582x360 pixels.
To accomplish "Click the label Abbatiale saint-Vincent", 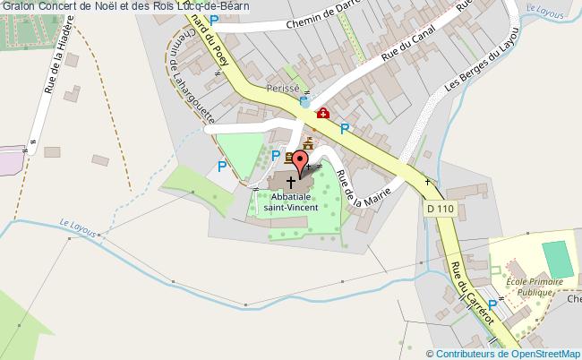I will click(290, 201).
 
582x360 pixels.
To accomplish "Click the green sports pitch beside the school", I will click(558, 260).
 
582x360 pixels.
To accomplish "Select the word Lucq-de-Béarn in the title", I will click(213, 6).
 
